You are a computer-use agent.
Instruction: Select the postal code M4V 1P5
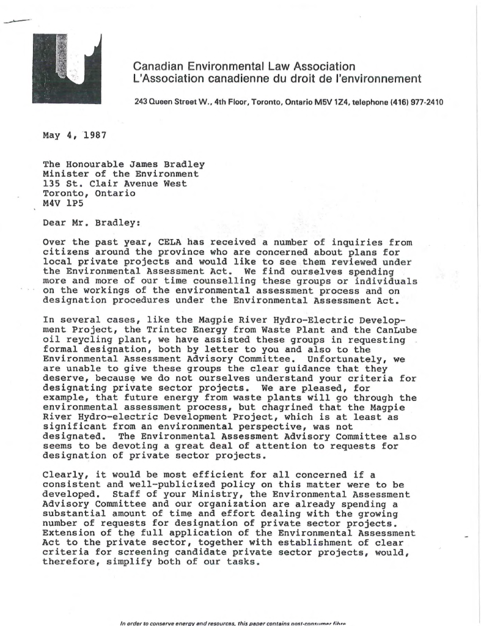(61, 199)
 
